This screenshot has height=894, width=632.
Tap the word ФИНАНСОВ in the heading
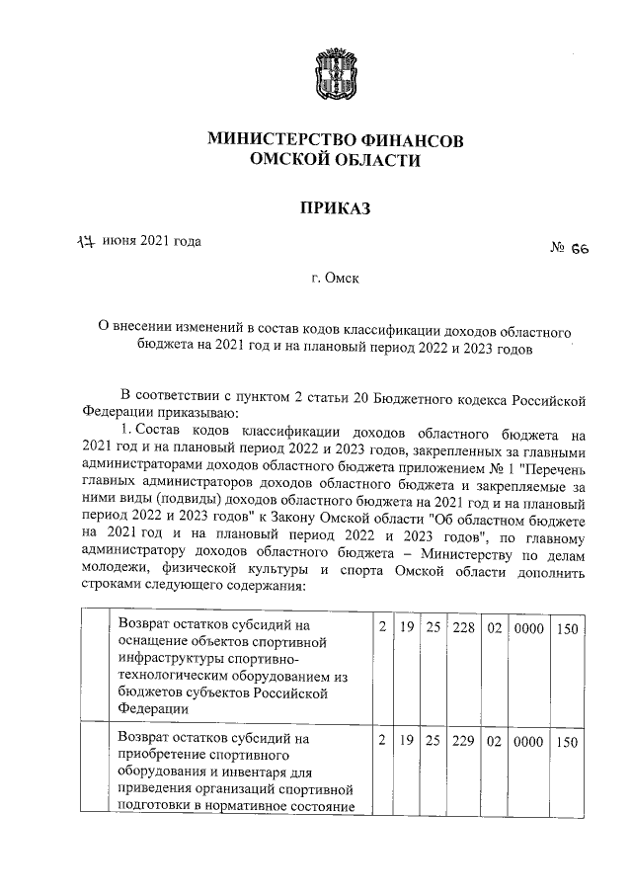coord(411,140)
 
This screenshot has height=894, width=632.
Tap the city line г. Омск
coord(334,280)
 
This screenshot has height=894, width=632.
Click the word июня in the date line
coord(118,241)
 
